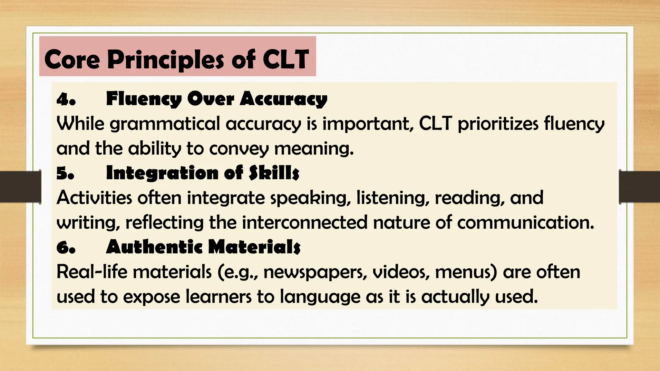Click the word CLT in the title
click(286, 59)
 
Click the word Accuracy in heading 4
click(283, 99)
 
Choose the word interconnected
click(305, 223)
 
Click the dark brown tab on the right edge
click(639, 187)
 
